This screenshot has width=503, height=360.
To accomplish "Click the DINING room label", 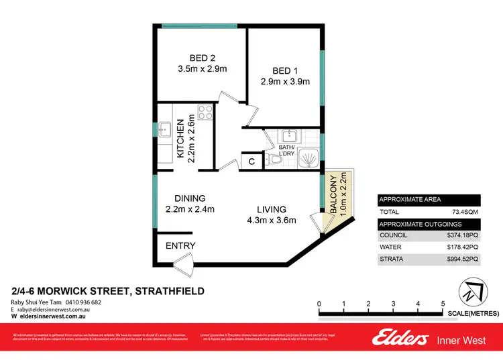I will tap(190, 198).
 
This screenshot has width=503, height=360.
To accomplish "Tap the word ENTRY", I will tap(180, 246).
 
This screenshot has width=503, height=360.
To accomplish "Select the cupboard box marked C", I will tap(251, 162).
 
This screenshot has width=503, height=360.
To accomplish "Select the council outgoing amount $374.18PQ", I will tap(463, 235).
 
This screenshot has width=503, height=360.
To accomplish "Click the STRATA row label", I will tap(392, 259).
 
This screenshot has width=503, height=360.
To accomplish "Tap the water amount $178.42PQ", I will tap(463, 247).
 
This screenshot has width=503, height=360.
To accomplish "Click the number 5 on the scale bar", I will tap(443, 304).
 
